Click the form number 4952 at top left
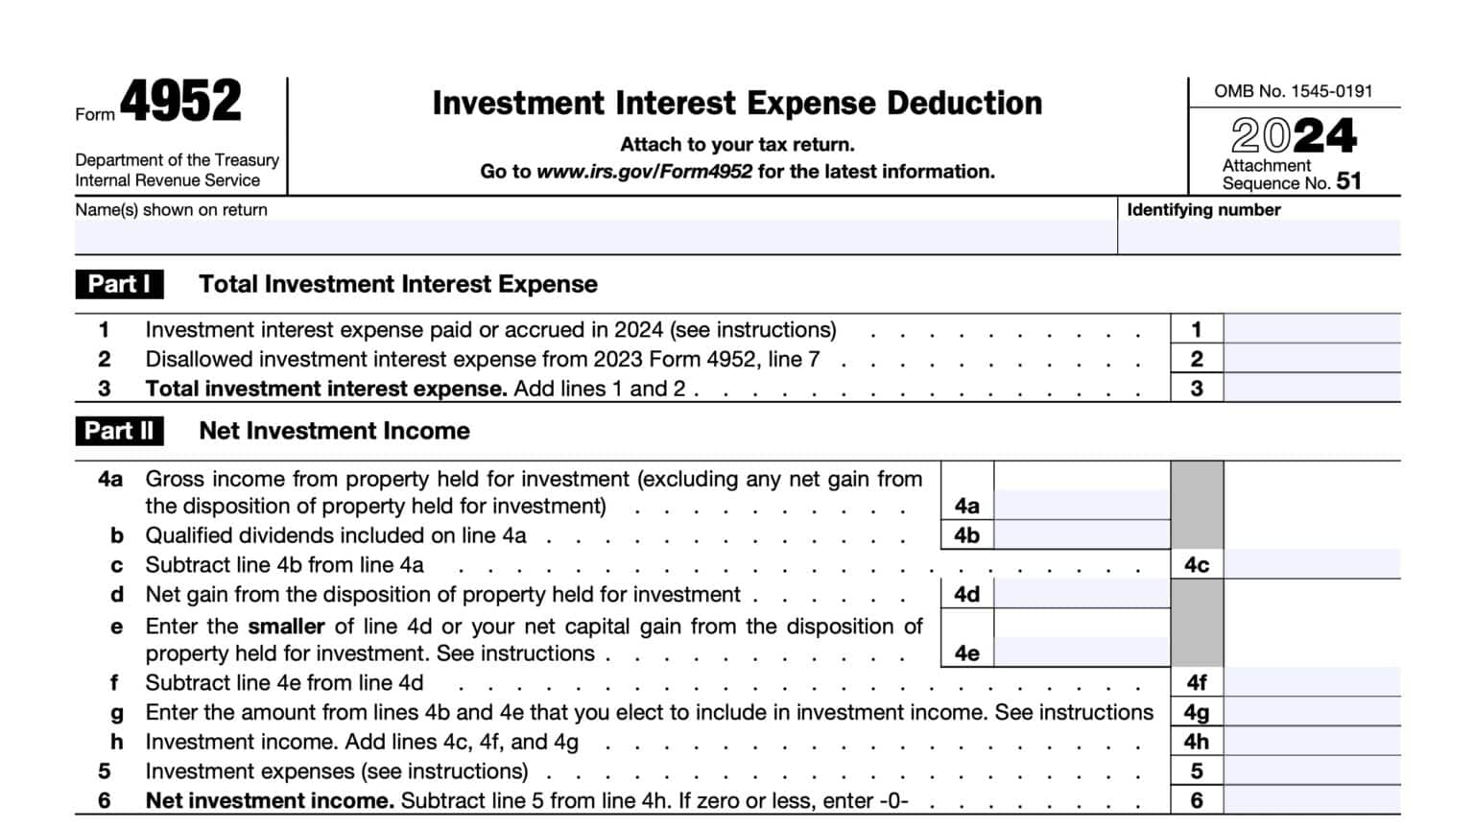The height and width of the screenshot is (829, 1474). point(180,103)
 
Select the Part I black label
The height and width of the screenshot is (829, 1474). point(120,284)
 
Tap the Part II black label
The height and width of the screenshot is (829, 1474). point(120,431)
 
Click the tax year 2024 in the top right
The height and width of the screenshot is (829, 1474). point(1294,135)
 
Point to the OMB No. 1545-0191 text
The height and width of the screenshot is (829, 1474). point(1293,91)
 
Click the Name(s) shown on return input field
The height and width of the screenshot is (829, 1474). point(595,237)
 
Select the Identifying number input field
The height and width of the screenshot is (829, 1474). point(1258,237)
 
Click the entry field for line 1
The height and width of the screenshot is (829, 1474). point(1311,329)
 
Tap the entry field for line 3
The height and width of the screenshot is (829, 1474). point(1311,388)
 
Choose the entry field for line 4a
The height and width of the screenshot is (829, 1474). point(1082,505)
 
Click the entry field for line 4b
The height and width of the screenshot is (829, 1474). point(1082,534)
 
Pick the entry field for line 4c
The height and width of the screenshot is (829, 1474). point(1311,564)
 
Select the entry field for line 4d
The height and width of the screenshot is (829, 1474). point(1082,594)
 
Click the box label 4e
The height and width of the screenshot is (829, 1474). point(966,653)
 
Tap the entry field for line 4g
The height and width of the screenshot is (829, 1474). point(1311,712)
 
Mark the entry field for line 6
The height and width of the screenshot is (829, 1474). point(1311,800)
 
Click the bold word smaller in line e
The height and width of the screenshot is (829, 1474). point(286,627)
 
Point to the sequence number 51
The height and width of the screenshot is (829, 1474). point(1348,181)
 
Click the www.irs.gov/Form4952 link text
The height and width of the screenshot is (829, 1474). point(644,172)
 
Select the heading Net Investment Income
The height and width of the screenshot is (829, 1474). point(334,431)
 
